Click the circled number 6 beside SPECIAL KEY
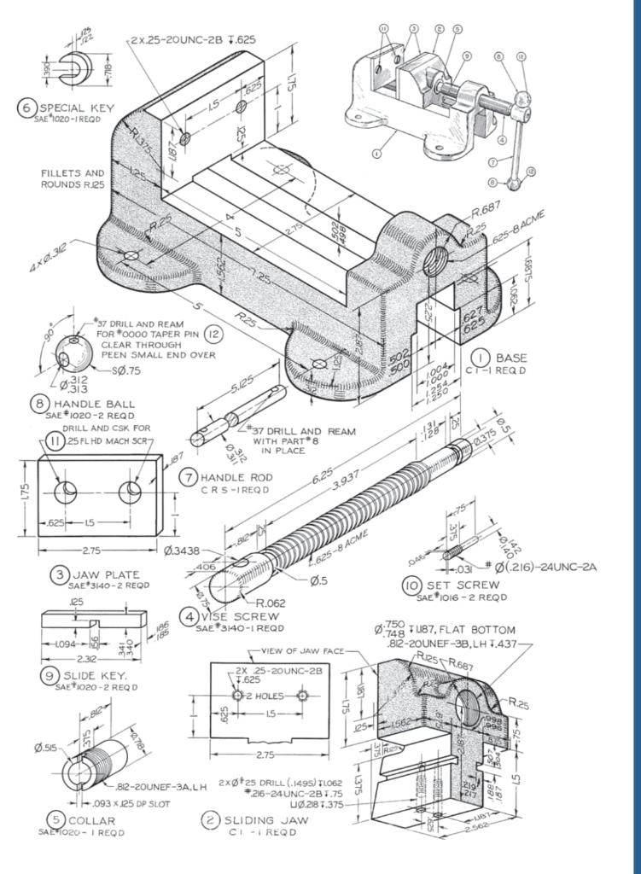pyautogui.click(x=26, y=108)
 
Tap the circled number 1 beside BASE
pyautogui.click(x=481, y=358)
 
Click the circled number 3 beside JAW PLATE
pyautogui.click(x=59, y=574)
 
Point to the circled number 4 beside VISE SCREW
pyautogui.click(x=187, y=616)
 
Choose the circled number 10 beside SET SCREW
pyautogui.click(x=412, y=586)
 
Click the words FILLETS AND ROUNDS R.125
pyautogui.click(x=73, y=178)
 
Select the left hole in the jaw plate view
pyautogui.click(x=64, y=492)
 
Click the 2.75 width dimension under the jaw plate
pyautogui.click(x=98, y=551)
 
